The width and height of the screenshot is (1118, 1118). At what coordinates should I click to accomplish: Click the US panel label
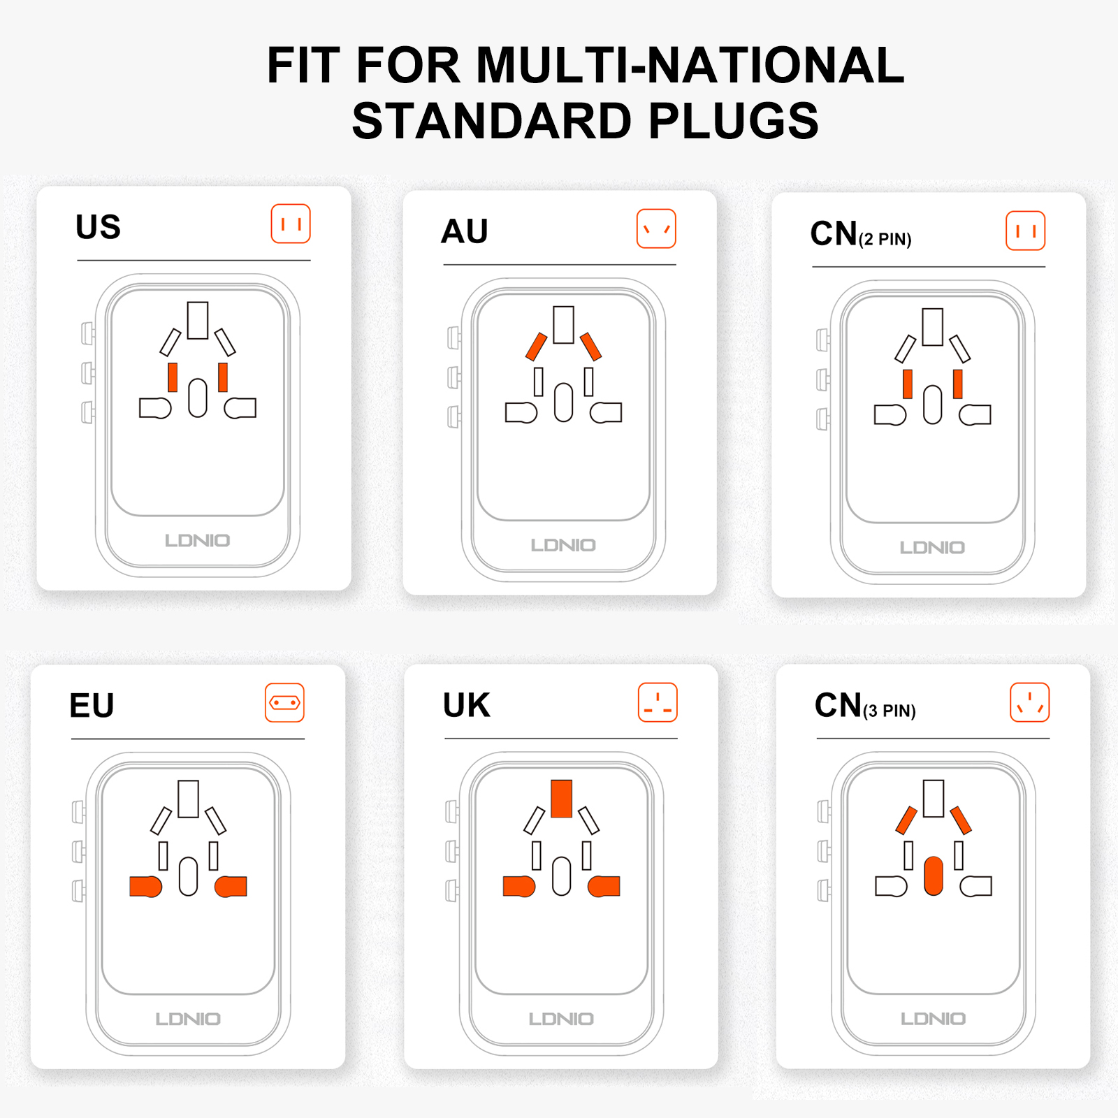pos(98,227)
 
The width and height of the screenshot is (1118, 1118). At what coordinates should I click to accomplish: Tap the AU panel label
pos(465,231)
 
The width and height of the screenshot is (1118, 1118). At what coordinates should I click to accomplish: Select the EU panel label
pos(92,706)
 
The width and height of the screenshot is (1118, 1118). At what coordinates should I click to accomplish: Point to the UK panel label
pos(467,705)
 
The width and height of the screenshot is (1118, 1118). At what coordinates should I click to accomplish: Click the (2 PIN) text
pos(885,240)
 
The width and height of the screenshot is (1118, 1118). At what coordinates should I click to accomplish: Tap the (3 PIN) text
pos(890,711)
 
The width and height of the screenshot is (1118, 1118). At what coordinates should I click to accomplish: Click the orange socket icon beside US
pos(291,224)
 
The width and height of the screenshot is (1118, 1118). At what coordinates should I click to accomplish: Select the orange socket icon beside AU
pos(656,228)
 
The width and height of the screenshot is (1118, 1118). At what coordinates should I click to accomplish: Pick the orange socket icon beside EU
pos(285,702)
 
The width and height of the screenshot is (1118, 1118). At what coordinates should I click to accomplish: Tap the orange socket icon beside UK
pos(658,702)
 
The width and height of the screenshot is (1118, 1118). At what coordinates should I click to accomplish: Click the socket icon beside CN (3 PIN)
pos(1030,702)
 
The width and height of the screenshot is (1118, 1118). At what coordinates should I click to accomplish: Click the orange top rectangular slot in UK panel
pos(562,799)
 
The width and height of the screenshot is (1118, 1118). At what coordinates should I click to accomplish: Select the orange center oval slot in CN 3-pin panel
pos(934,876)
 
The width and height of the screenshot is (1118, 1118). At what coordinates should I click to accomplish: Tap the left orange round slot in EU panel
pos(145,886)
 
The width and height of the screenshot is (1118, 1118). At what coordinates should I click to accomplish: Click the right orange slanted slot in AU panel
pos(590,347)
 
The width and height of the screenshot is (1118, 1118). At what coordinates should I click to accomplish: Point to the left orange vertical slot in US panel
pos(173,377)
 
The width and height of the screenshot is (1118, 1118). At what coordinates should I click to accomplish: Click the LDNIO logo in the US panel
pos(198,540)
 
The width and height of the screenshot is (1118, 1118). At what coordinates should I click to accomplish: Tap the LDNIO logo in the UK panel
pos(561,1019)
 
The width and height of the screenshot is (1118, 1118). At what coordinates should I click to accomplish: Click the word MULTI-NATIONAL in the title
pos(690,66)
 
